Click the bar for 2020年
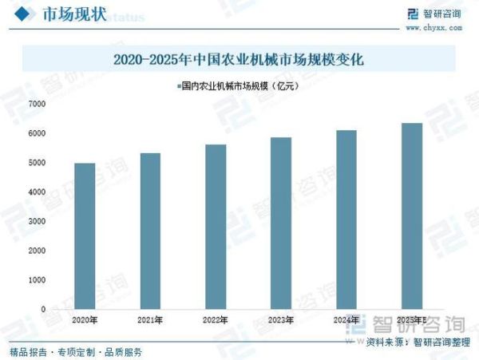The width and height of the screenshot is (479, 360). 85,235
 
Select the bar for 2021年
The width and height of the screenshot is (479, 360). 150,231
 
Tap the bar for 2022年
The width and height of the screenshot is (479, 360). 216,227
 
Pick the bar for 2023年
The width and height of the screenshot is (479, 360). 281,223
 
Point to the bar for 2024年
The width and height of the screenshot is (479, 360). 346,220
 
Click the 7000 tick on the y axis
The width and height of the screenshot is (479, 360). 37,104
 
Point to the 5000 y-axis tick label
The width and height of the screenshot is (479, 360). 37,163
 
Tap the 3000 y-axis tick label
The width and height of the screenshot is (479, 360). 37,221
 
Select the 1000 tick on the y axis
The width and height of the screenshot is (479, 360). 37,280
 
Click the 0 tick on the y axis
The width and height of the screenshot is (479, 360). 44,309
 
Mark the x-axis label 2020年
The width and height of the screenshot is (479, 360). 85,320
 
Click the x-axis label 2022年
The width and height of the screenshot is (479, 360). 216,320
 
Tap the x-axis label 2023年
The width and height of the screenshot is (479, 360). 281,320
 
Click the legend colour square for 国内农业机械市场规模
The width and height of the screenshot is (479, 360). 178,85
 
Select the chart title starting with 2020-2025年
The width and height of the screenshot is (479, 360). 239,60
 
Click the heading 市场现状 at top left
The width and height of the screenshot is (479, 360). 72,15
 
